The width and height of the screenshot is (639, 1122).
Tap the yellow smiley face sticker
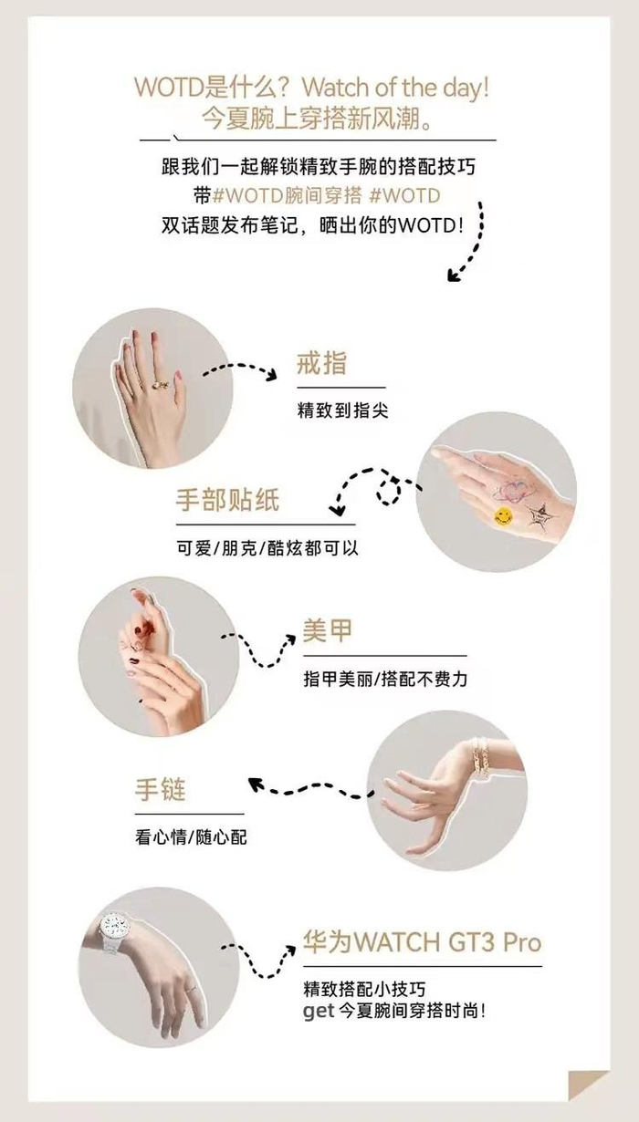pos(503,515)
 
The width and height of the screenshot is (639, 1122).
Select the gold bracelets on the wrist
pos(479,757)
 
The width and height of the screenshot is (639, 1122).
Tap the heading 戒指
pos(321,363)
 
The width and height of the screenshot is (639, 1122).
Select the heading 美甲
pos(328,630)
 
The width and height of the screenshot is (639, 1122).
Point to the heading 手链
pos(161,790)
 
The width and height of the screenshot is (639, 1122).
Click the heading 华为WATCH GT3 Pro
pos(423,942)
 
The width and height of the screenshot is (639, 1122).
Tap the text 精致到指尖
pos(343,410)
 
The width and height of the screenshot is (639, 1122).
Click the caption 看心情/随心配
pos(191,837)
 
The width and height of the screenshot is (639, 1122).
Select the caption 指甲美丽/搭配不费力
pos(385,680)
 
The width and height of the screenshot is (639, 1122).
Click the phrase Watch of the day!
pos(395,88)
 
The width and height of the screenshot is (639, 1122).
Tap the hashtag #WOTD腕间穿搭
pos(288,195)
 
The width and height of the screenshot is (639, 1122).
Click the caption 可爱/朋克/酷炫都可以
pos(267,548)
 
